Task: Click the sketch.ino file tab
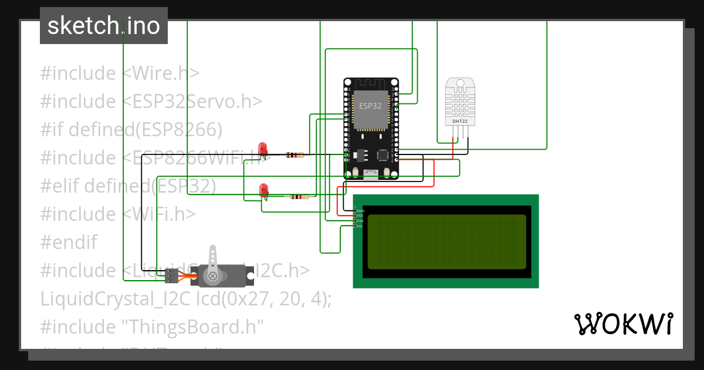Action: tap(104, 26)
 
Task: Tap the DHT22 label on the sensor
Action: tap(459, 122)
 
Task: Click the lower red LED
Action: tap(264, 189)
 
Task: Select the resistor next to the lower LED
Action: tap(299, 197)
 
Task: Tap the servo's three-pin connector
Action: tap(171, 275)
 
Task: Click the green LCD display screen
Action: tap(446, 241)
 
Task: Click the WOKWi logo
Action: tap(622, 324)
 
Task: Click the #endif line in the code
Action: tap(69, 242)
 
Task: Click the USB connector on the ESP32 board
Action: tap(370, 173)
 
